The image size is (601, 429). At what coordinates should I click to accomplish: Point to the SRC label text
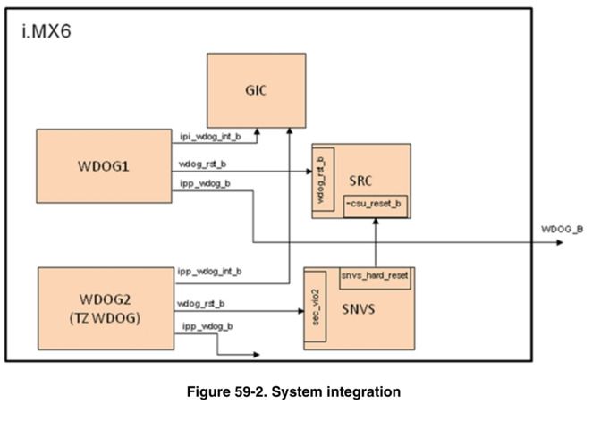coord(362,181)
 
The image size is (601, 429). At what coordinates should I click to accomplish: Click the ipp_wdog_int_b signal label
coord(210,271)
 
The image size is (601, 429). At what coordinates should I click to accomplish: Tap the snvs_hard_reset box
coord(375,275)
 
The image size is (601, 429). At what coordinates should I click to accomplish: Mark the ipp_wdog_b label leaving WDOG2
coord(207,326)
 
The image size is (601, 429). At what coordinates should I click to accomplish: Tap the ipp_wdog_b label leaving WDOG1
coord(205,184)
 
